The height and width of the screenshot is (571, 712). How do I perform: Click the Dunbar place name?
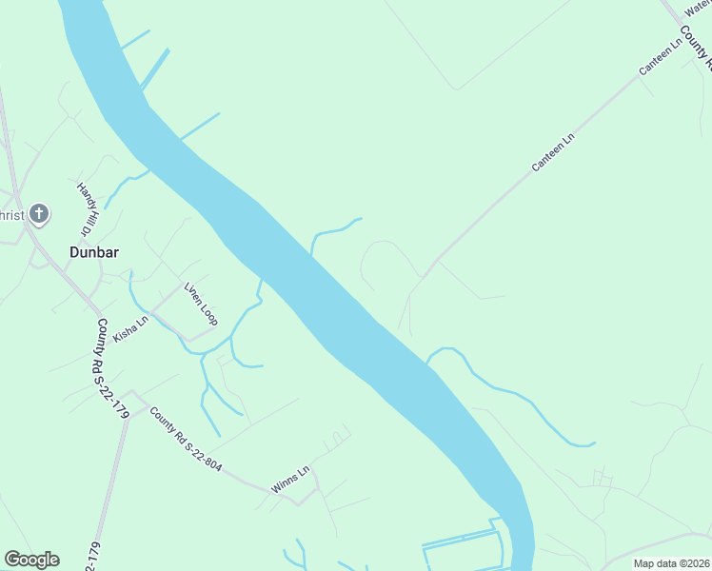coord(93,252)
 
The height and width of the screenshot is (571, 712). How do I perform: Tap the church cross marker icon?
coord(38,212)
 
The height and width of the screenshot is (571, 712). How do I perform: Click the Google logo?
coord(31,560)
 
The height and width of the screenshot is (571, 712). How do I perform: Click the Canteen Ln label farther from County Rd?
coord(554,153)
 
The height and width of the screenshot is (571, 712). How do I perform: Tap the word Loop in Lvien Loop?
coord(208,311)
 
